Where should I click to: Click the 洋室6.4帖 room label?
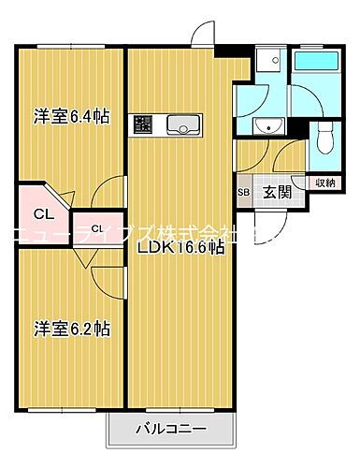pos(72,117)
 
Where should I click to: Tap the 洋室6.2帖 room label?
pos(72,329)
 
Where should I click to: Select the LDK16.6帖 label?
pos(180,248)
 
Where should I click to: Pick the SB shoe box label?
pos(243,194)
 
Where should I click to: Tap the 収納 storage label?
pos(323,183)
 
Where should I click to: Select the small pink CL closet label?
pos(96,227)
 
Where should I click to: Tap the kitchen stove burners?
pos(143,124)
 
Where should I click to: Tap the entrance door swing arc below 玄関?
pos(271,223)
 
